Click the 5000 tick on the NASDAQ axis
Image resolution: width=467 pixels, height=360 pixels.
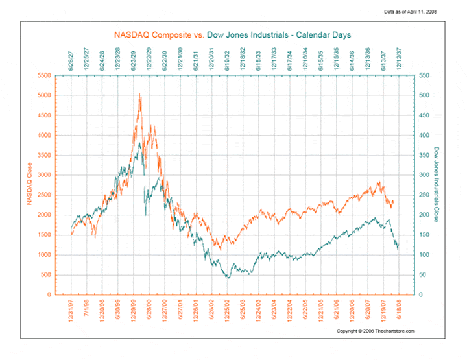coord(45,95)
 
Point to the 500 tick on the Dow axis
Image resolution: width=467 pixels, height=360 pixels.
coord(422,95)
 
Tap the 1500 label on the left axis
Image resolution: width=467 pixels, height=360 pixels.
coord(45,235)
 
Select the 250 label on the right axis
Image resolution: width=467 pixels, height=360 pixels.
coord(422,195)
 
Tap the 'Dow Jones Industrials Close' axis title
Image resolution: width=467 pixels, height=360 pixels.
coord(438,185)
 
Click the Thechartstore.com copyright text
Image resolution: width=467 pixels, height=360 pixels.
coord(376,331)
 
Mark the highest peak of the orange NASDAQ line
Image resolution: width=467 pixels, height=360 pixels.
coord(139,94)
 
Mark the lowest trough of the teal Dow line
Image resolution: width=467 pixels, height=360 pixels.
coord(228,278)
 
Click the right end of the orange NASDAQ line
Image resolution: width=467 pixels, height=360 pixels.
coord(393,202)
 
